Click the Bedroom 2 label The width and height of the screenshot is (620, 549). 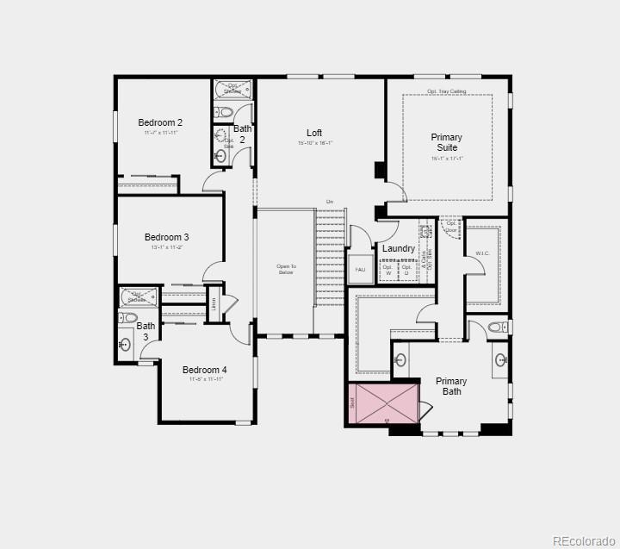[160, 123]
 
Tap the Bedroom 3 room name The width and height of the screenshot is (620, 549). [166, 237]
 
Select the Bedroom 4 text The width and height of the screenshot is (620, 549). [204, 371]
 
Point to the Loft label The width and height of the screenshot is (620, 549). [314, 133]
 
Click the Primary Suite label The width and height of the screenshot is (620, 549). [446, 142]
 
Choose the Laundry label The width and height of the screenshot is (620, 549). [399, 248]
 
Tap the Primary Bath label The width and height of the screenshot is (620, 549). [451, 386]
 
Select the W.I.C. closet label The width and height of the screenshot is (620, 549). [482, 253]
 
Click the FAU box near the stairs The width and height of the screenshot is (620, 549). [360, 270]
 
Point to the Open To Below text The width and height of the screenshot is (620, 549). [286, 269]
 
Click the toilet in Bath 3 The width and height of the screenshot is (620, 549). [129, 317]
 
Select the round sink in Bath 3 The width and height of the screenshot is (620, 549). [125, 346]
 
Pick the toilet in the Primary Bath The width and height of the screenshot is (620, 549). [497, 328]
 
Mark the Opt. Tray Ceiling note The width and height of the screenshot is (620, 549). [446, 90]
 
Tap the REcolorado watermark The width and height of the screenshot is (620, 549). [582, 540]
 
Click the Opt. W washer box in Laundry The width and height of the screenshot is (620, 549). [387, 269]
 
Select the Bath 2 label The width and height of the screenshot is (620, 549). [242, 134]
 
